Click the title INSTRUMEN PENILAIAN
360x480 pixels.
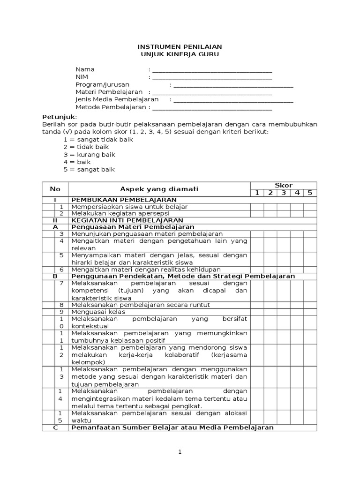click(180, 47)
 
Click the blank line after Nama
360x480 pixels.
click(212, 70)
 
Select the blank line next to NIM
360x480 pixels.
click(212, 78)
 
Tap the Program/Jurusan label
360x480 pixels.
click(102, 85)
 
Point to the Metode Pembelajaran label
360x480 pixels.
click(111, 107)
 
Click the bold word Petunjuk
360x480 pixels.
click(59, 116)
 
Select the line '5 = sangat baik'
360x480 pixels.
click(89, 170)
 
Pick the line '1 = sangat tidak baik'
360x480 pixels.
click(98, 140)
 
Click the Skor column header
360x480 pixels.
click(284, 186)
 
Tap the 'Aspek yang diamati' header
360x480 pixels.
click(159, 189)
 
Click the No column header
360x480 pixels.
click(55, 189)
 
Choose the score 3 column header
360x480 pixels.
click(284, 193)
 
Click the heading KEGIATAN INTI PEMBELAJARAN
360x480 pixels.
click(127, 220)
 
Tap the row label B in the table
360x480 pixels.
click(55, 277)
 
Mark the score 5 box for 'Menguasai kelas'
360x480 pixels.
click(310, 312)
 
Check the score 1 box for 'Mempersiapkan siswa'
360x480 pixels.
click(257, 207)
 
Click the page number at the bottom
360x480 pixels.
click(179, 452)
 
